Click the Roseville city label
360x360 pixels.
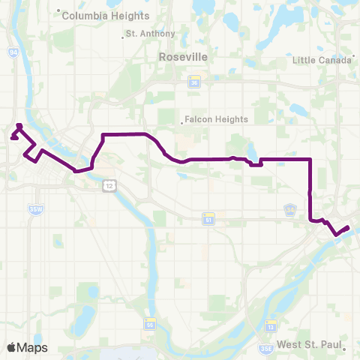[x=183, y=56]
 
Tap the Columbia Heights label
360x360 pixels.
[x=97, y=15]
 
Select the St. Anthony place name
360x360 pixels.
[x=150, y=34]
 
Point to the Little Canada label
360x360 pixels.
[x=321, y=60]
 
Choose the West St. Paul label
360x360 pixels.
[x=309, y=345]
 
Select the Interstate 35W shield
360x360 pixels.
[x=33, y=208]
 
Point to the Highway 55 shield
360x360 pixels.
[x=150, y=324]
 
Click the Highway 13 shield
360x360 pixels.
[x=271, y=325]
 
